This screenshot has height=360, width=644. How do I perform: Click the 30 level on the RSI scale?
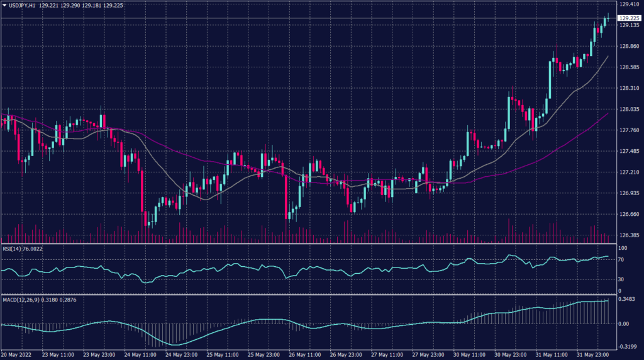[622, 279]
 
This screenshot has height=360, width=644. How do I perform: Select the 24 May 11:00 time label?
[139, 355]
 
